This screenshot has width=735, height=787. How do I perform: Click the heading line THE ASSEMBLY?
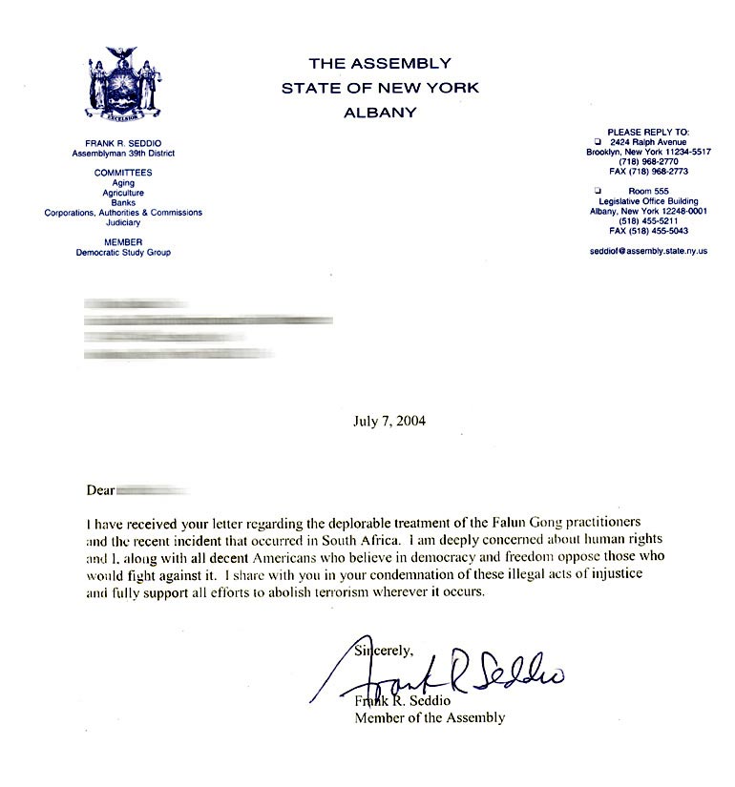tap(380, 64)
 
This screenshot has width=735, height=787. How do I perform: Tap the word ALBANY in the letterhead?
tap(380, 113)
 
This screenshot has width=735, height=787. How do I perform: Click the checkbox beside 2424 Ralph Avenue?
tap(597, 141)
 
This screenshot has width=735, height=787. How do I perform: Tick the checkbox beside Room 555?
tap(597, 191)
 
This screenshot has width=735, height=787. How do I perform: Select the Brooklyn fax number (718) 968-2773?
tap(648, 172)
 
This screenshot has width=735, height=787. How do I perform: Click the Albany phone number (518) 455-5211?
tap(648, 221)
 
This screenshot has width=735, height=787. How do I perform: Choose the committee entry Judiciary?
tap(123, 222)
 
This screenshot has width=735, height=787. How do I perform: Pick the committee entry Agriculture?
tap(123, 193)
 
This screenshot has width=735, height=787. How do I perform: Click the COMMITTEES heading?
tap(123, 173)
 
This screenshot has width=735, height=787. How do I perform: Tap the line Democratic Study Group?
tap(123, 253)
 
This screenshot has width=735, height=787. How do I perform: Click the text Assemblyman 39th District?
tap(123, 153)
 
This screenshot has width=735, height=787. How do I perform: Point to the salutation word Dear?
tap(99, 491)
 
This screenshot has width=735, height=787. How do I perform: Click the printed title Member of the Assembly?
tap(429, 717)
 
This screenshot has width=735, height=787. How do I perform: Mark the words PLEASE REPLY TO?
tap(648, 132)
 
